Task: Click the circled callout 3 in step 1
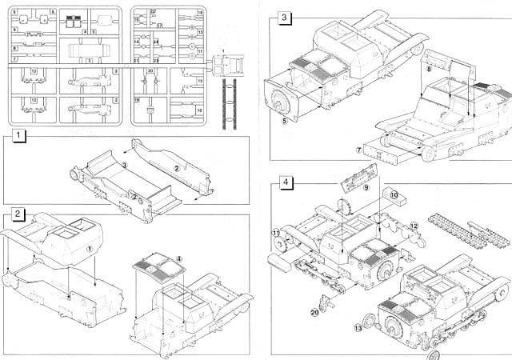tap(124, 166)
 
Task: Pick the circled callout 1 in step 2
tap(90, 249)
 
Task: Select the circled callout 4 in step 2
tap(178, 258)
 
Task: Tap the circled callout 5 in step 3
tap(284, 122)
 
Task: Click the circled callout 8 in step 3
tap(430, 71)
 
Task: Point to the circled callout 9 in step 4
tap(366, 187)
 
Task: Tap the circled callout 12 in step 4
tap(414, 227)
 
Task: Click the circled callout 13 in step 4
tap(358, 329)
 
